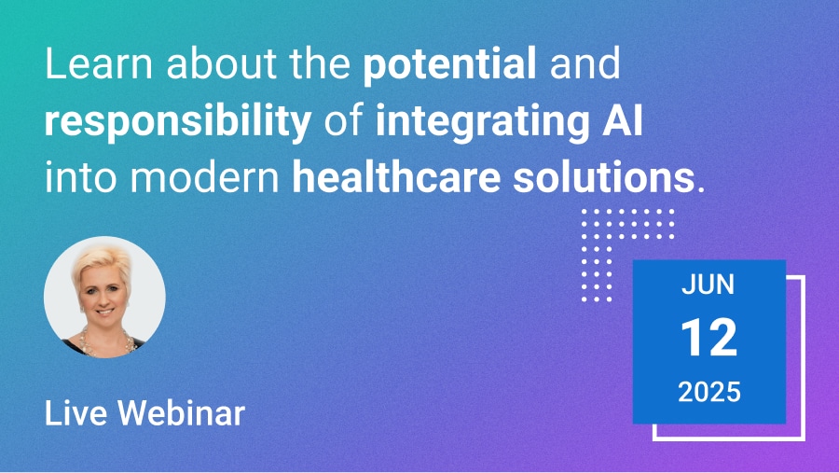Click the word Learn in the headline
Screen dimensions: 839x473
[100, 63]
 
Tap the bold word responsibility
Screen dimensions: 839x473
[178, 123]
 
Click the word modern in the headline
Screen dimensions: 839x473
[204, 177]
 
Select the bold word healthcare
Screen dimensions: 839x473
[396, 177]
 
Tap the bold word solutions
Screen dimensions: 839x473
[603, 177]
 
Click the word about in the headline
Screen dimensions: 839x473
[221, 63]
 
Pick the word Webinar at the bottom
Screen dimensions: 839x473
[181, 413]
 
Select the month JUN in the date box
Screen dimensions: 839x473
[708, 285]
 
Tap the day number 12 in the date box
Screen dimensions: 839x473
[709, 337]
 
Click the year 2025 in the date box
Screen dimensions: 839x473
[709, 392]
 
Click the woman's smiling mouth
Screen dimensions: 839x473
[104, 312]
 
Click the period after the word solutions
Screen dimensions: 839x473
[701, 190]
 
